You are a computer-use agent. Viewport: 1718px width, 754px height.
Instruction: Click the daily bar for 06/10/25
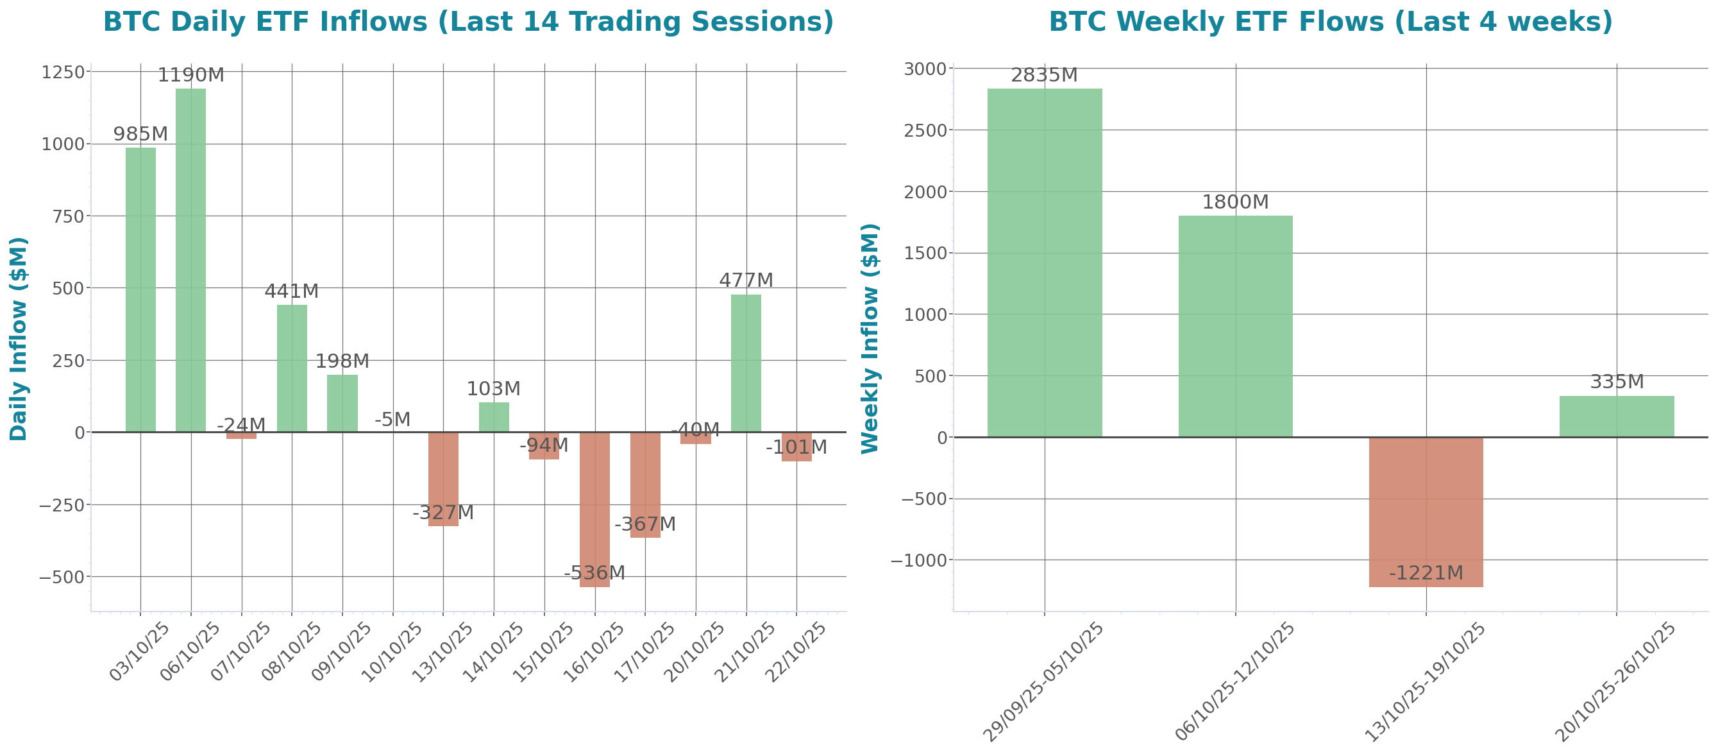pos(190,261)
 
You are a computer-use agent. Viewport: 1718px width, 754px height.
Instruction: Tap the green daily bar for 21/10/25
pos(746,363)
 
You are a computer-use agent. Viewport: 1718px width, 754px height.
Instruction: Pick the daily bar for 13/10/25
pos(443,479)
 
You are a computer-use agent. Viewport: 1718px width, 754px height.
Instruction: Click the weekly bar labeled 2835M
pos(1045,263)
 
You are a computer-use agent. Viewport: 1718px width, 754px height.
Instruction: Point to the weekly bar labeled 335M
pos(1617,416)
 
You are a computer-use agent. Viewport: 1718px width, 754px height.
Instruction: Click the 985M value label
pos(140,134)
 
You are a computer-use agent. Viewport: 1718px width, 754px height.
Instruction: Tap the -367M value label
pos(644,524)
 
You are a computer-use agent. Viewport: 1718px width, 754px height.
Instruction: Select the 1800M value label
pos(1235,202)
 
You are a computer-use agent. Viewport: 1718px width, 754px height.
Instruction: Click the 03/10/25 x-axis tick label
pos(140,652)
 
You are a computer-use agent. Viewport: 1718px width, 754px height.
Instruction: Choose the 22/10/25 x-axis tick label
pos(796,652)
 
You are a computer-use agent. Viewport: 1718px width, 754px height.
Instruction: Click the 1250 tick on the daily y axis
pos(63,72)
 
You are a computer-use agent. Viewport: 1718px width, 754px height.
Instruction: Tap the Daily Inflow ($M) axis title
pos(18,338)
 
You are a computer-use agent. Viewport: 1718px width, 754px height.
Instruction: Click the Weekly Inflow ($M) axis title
pos(870,338)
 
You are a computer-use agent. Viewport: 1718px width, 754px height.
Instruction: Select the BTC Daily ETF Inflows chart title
pos(468,21)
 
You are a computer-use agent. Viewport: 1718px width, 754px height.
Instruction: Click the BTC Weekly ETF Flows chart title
pos(1331,21)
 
